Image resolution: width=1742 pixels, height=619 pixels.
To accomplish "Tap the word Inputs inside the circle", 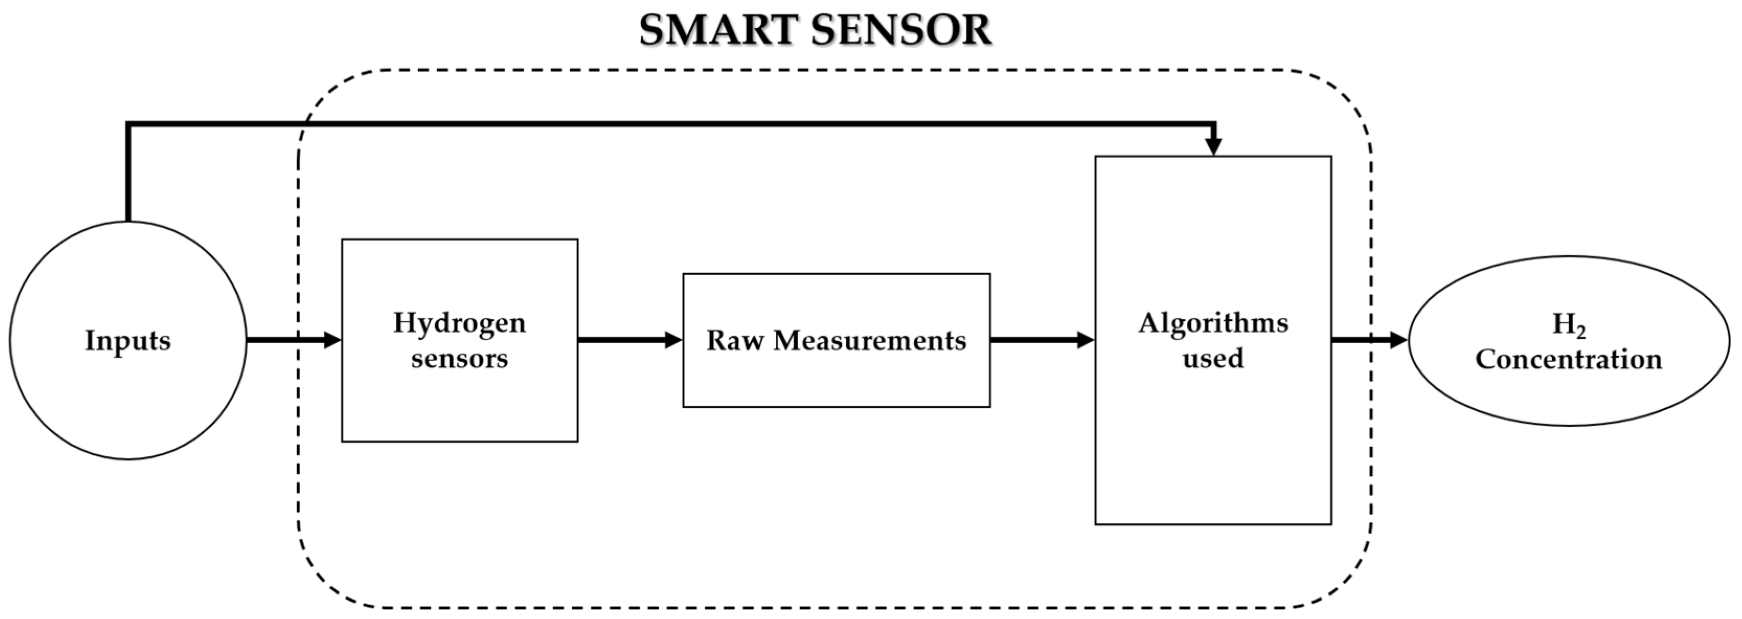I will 128,340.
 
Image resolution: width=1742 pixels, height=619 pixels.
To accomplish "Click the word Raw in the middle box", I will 735,340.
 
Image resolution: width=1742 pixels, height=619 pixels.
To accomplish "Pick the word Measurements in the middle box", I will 869,340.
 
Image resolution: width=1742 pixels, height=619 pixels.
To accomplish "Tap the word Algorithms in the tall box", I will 1212,323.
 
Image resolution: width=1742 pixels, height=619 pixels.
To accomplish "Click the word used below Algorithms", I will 1212,358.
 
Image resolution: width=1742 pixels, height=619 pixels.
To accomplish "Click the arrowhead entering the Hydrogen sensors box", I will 332,340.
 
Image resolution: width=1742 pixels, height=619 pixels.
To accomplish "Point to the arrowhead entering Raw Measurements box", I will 673,340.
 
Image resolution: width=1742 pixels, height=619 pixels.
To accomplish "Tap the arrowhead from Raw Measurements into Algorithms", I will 1085,340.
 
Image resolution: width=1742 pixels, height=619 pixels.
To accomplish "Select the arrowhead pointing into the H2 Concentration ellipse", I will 1399,340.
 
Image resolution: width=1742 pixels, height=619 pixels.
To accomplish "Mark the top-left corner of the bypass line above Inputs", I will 128,124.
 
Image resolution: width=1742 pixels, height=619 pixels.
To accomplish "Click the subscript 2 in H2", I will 1580,332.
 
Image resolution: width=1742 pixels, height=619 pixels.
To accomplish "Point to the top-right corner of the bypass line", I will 1214,124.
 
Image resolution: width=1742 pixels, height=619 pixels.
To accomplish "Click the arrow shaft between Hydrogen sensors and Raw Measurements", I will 622,340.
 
